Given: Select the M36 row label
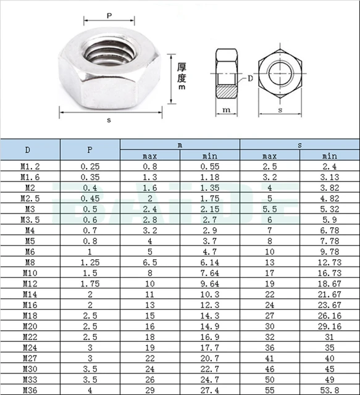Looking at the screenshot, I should coord(30,390).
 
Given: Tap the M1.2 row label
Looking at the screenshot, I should coord(30,166).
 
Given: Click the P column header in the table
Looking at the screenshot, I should coord(90,149).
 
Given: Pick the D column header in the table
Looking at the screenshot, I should coord(30,149).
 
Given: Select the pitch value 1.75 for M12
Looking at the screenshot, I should coord(90,283).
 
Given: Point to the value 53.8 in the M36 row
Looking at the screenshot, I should coord(330,390).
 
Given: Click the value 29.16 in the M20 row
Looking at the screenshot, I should coord(330,326).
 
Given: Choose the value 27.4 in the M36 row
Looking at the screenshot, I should coord(210,390).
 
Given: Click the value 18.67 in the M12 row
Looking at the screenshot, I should coord(330,283).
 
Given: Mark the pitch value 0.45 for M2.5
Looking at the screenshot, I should coord(90,198).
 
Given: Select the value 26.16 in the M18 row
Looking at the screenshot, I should coord(330,315).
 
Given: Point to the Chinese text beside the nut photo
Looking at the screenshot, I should coord(182,77).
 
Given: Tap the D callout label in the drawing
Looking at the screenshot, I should coord(250,78).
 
